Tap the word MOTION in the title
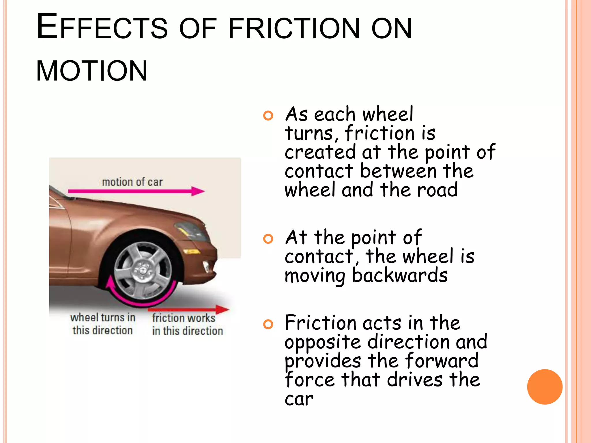point(92,71)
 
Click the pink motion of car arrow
point(136,191)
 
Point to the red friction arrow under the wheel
point(188,310)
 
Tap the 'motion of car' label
point(132,182)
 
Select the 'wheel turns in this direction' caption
point(103,324)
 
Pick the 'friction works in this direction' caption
point(187,324)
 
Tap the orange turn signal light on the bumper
point(192,252)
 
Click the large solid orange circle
point(545,387)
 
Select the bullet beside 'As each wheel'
point(268,116)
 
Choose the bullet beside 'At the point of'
point(268,239)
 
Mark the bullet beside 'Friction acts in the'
point(268,324)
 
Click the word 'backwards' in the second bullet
point(400,275)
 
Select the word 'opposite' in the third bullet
point(323,342)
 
